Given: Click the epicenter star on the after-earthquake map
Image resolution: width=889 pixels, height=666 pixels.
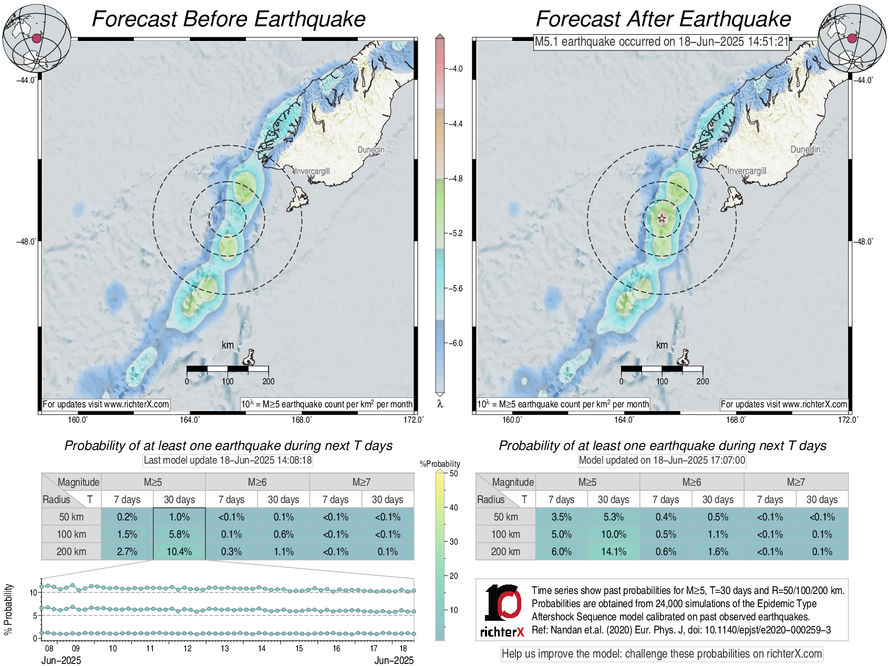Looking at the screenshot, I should [662, 218].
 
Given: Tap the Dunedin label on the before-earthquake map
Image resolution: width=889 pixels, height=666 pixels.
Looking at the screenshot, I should [371, 150].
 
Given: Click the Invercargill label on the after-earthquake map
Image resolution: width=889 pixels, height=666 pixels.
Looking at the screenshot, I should [747, 171].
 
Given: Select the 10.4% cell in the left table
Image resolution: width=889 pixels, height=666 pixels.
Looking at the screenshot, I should [179, 551].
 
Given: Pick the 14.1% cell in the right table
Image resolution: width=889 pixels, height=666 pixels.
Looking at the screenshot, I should [613, 551].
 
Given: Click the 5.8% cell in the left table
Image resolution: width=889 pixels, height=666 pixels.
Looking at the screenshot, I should [179, 534].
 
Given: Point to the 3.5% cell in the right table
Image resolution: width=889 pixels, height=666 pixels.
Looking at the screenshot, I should [561, 517].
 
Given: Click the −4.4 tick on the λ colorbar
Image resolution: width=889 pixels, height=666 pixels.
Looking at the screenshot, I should [454, 124].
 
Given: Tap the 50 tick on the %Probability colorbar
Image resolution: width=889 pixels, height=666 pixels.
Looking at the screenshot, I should [453, 473].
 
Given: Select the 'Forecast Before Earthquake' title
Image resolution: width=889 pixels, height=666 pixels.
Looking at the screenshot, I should [229, 19].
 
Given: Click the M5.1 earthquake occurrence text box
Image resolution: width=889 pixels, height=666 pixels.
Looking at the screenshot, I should [661, 42].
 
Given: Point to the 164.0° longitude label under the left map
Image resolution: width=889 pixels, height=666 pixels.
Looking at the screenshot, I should [190, 419].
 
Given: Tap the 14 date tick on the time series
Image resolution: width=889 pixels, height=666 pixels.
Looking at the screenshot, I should [262, 649].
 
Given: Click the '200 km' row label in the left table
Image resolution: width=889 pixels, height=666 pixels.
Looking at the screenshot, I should [71, 551].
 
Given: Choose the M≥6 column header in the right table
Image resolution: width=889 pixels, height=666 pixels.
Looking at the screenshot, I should [691, 482].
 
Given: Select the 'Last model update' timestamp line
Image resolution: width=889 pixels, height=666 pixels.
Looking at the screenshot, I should [228, 460].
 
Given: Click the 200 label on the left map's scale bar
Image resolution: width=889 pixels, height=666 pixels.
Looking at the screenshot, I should [268, 382].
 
